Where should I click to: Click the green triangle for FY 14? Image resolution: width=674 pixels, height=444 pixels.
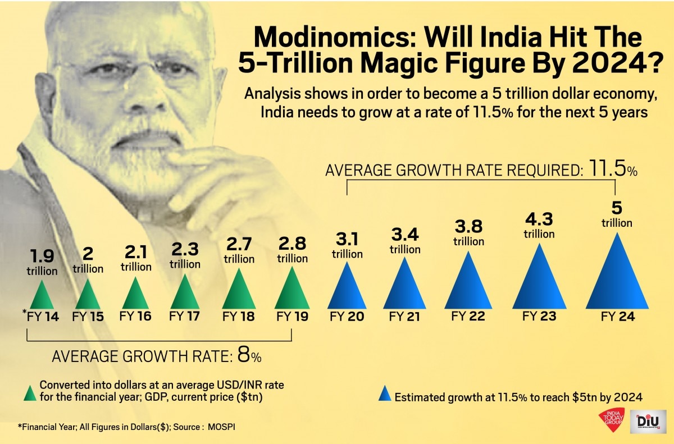[x=42, y=296]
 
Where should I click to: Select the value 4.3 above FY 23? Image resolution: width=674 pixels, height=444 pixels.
[x=539, y=219]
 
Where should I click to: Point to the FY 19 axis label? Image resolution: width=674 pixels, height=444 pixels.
[x=292, y=317]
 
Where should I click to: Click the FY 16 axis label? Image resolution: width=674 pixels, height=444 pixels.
[x=135, y=317]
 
